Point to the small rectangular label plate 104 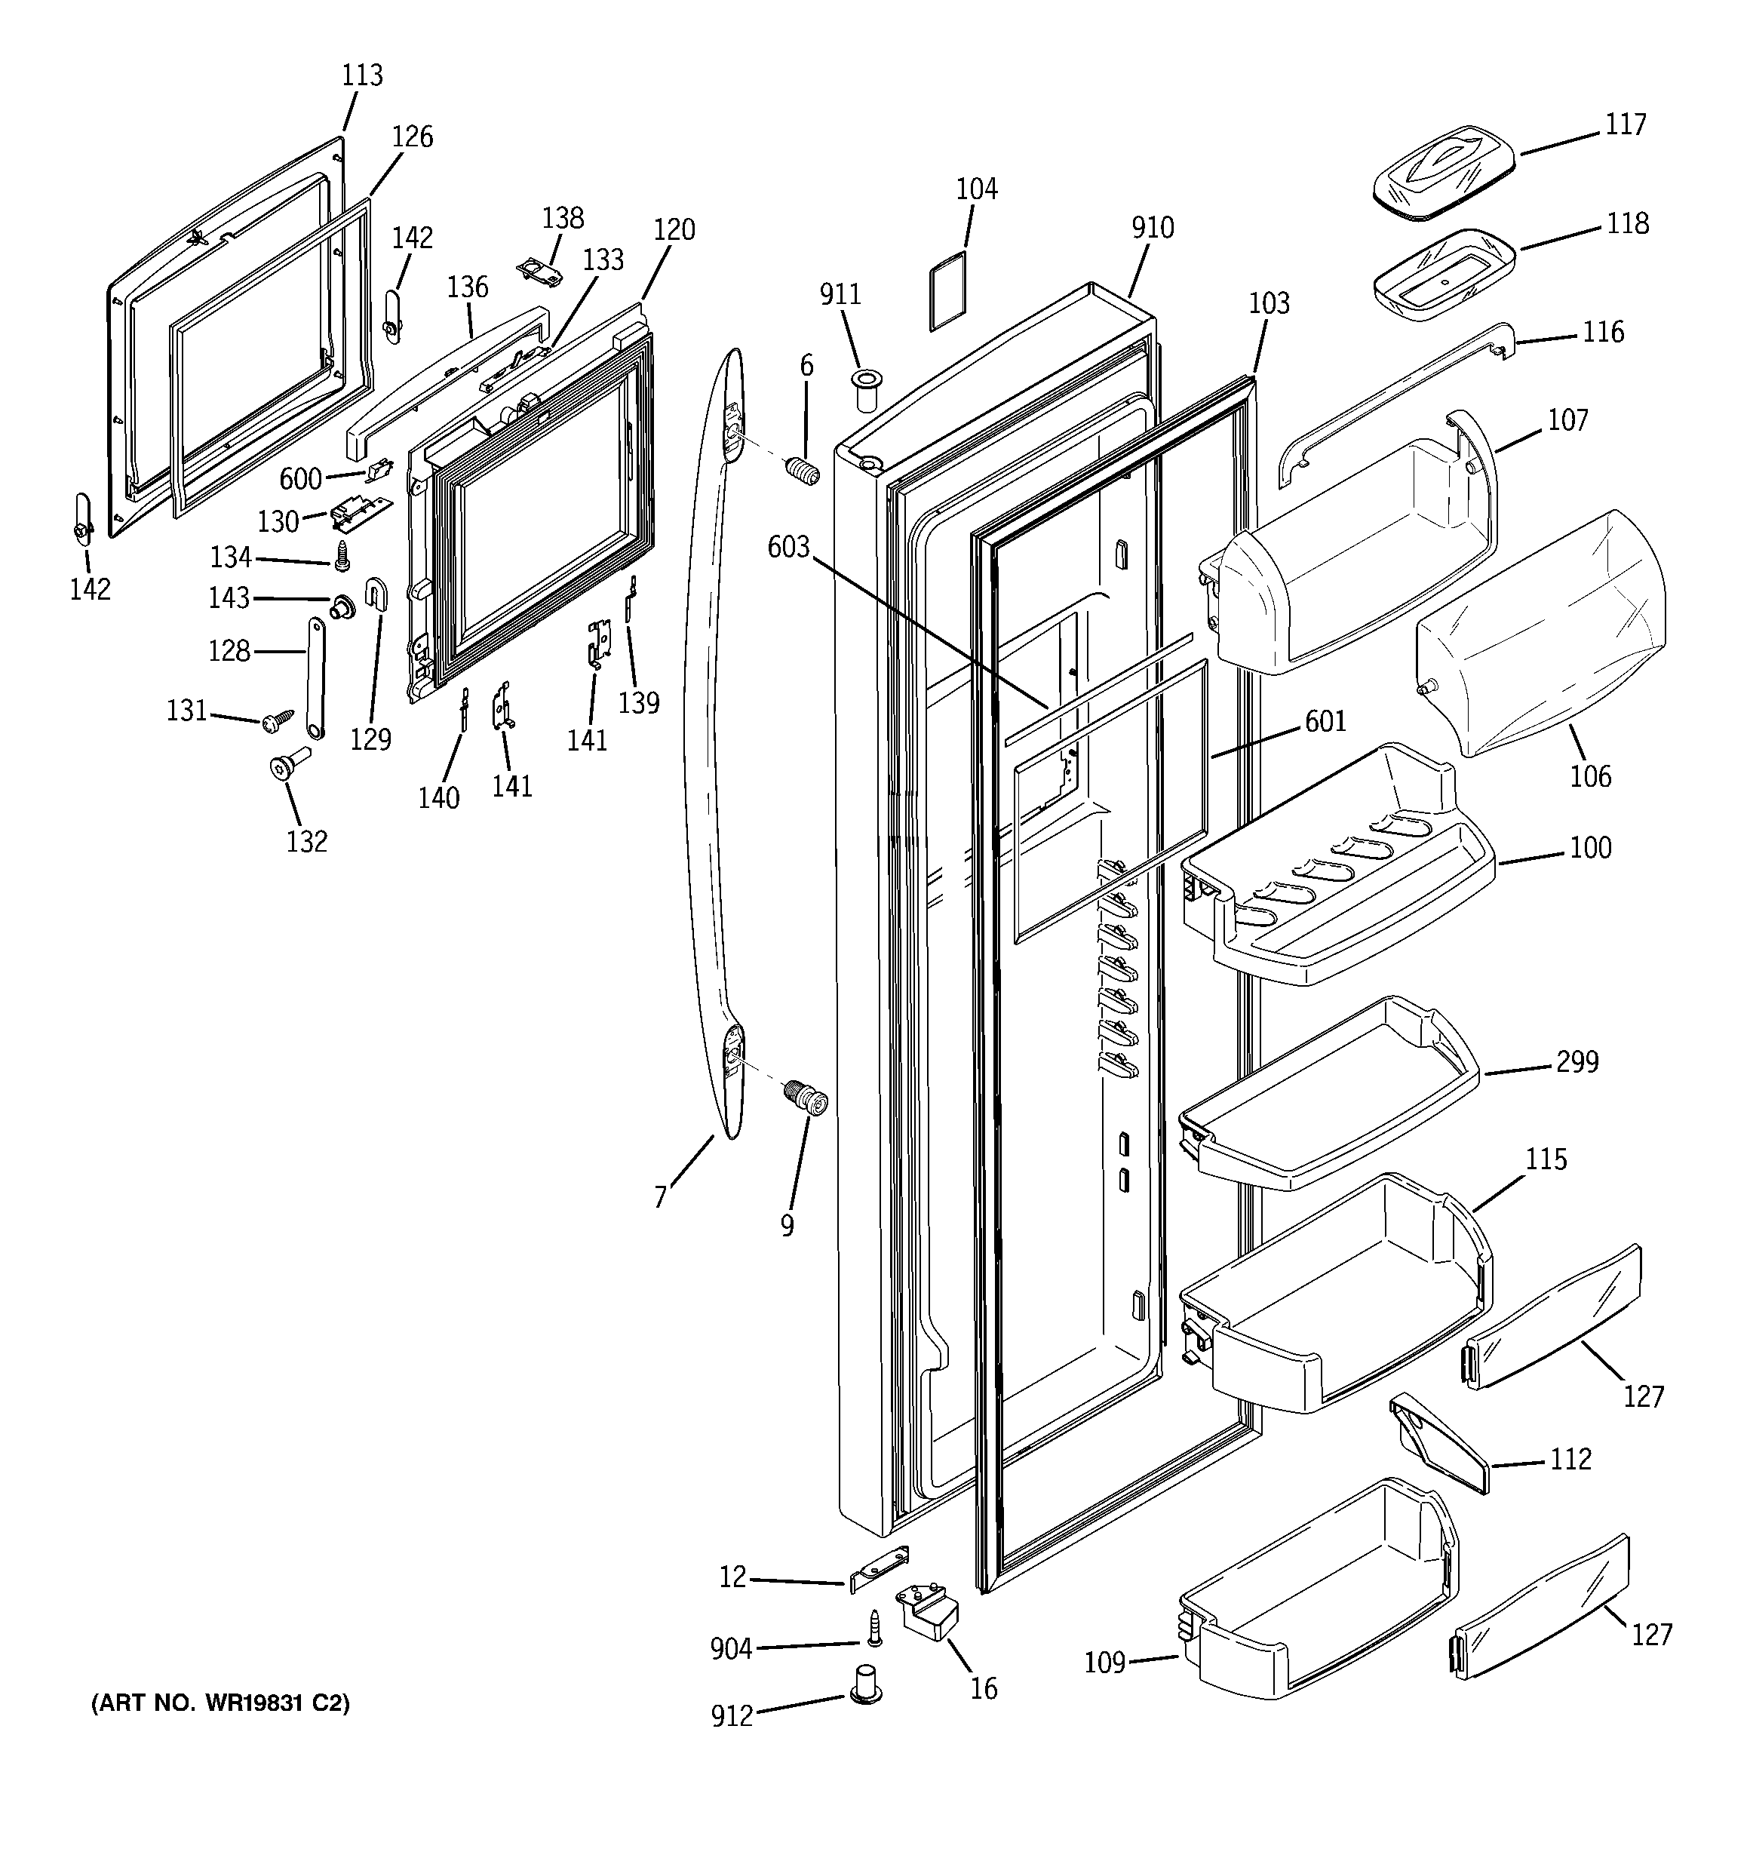click(948, 290)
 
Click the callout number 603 click(788, 548)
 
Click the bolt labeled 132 click(287, 766)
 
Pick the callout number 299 click(1577, 1062)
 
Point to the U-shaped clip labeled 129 click(376, 594)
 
